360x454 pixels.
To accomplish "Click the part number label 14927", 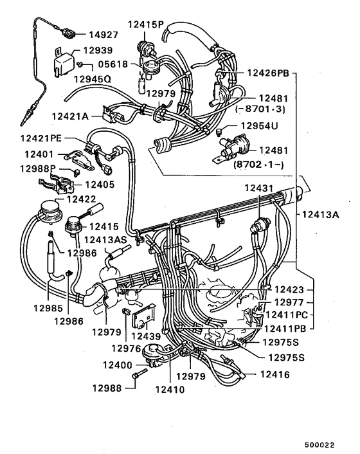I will click(x=105, y=34).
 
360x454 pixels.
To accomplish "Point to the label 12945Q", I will click(x=92, y=78).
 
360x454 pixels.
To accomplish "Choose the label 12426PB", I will click(x=267, y=73).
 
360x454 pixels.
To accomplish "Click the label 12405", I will click(x=100, y=184).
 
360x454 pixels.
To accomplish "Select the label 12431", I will click(x=259, y=187).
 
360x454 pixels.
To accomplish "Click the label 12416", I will click(x=275, y=374).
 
